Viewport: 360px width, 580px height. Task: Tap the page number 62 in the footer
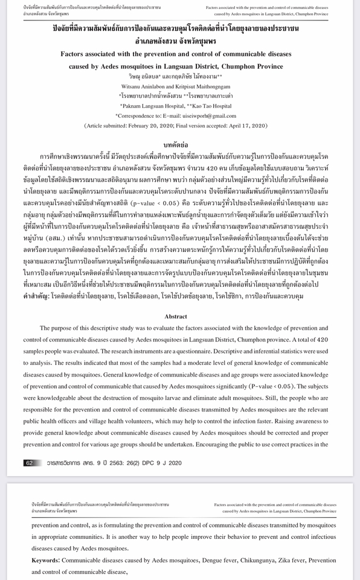pyautogui.click(x=29, y=463)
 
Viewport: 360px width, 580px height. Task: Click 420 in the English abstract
pyautogui.click(x=323, y=340)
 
